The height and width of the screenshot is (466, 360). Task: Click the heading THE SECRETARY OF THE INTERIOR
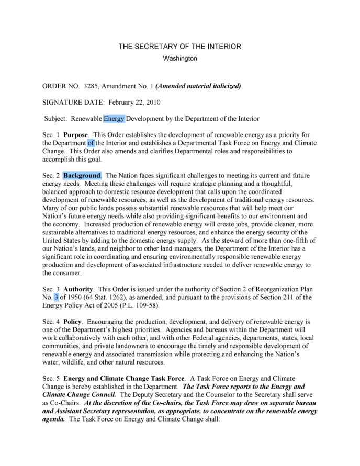tap(179, 47)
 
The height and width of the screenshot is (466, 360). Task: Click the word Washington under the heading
tap(180, 59)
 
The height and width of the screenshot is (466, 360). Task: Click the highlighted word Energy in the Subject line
tap(114, 119)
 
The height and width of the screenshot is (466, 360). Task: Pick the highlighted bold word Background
tap(82, 176)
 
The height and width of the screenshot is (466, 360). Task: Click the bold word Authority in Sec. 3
tap(78, 289)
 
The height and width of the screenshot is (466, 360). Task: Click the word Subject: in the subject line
tap(55, 119)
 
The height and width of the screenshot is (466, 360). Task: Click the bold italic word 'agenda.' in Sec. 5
tap(53, 419)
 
